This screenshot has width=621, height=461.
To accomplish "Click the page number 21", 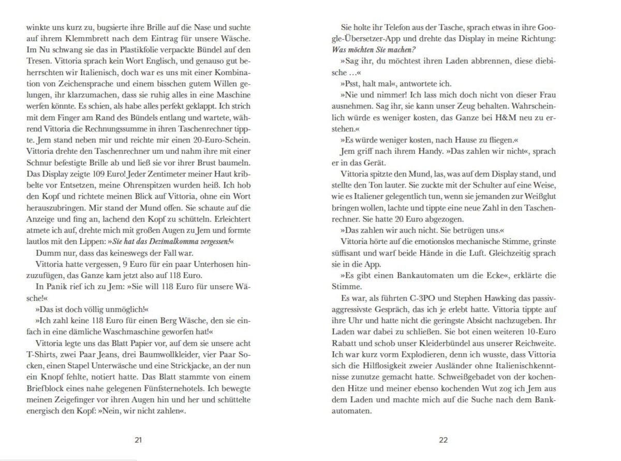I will tap(138, 440).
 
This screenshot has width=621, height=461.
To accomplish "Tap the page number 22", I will tap(443, 440).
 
